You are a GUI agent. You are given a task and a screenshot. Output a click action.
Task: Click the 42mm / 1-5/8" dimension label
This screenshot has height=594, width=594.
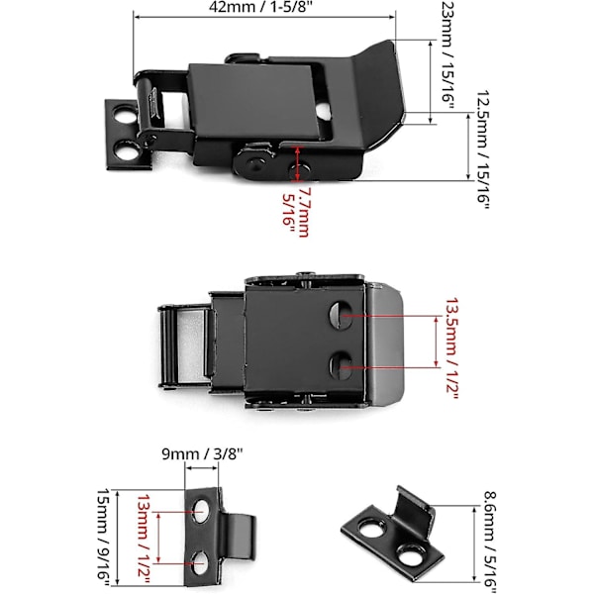tap(260, 7)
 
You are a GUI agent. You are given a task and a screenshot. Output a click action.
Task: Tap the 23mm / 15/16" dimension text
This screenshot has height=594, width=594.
tap(448, 56)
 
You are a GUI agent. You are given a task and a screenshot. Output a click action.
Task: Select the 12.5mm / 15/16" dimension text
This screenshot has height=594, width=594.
tap(483, 149)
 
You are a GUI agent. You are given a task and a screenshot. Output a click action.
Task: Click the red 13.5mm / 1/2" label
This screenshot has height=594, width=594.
tap(452, 348)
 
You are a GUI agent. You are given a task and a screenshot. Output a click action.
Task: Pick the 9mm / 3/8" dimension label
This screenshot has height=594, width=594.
tap(202, 454)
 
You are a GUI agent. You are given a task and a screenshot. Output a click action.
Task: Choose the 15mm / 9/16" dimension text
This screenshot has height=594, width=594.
tap(103, 540)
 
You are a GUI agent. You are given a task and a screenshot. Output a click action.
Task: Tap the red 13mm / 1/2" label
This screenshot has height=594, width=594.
tap(144, 540)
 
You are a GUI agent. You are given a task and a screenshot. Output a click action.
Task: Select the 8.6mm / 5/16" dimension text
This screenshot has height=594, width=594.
tap(490, 542)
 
